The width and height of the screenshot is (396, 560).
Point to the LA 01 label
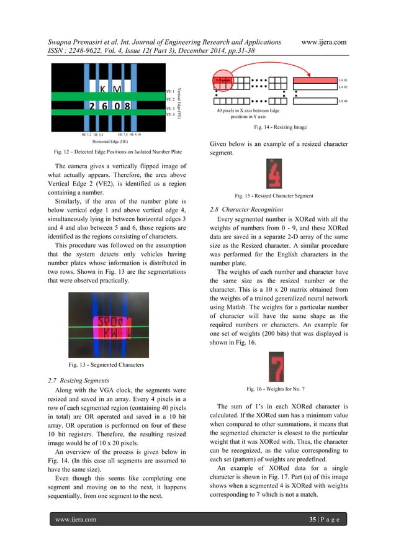[x=343, y=81]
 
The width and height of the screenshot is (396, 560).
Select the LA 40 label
[x=343, y=100]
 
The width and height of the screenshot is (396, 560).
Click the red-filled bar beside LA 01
[x=314, y=81]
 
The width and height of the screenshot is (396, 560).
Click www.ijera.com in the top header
[x=323, y=42]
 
